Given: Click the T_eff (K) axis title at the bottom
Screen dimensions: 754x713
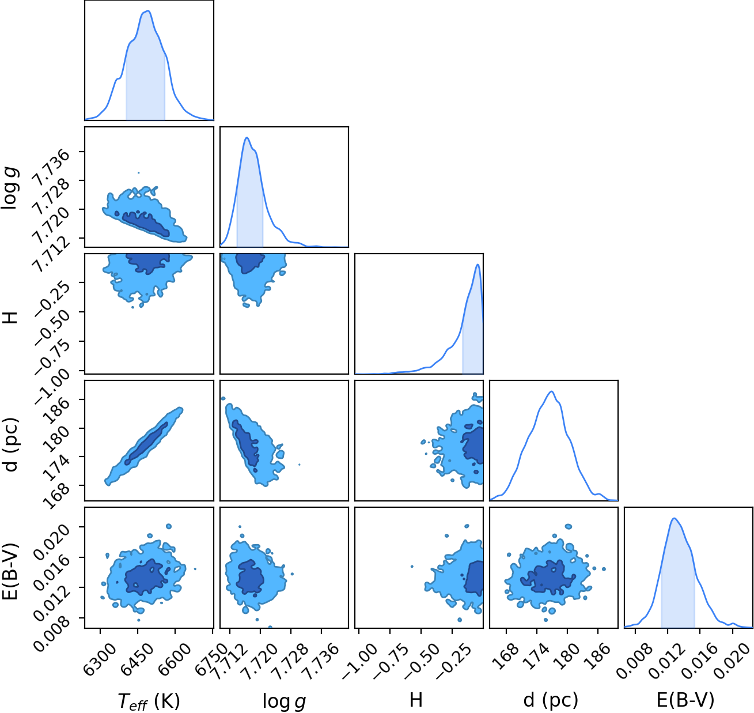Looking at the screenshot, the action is click(149, 700).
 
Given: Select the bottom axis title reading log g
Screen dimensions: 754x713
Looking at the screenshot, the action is click(284, 701).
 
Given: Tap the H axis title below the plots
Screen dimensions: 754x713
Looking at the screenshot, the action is click(416, 700).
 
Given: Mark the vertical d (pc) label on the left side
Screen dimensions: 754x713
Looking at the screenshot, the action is click(12, 444).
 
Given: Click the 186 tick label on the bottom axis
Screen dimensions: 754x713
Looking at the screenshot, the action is click(598, 654).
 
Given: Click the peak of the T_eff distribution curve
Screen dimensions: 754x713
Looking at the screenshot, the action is click(149, 10).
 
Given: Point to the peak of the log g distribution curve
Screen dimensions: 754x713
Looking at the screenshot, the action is click(247, 138).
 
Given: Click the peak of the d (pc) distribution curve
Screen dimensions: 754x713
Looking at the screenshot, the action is click(551, 391).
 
